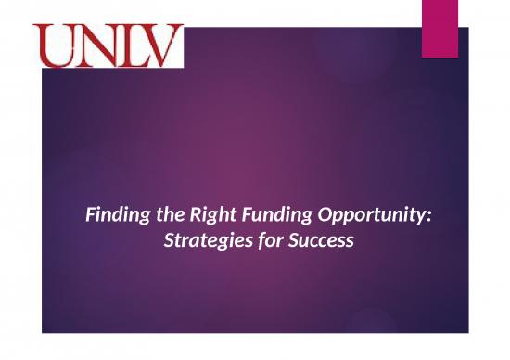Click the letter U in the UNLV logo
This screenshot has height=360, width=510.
[x=57, y=46]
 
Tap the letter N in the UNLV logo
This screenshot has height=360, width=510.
[x=94, y=46]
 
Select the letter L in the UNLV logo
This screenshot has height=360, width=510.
[x=129, y=46]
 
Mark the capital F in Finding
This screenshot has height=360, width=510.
[x=89, y=218]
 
